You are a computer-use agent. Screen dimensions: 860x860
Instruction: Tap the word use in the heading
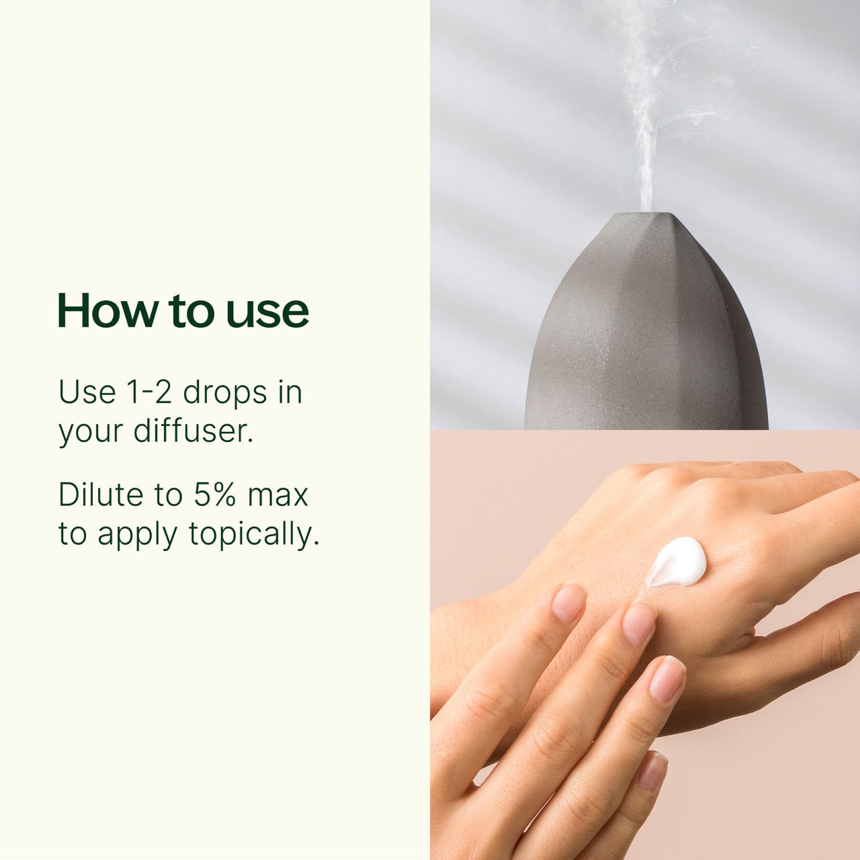(x=267, y=311)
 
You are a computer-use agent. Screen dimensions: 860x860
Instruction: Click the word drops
(x=225, y=392)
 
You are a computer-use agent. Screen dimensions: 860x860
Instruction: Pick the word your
(x=90, y=432)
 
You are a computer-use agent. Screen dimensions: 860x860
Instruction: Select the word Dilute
(x=101, y=494)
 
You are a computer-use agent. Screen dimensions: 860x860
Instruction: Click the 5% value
(x=215, y=494)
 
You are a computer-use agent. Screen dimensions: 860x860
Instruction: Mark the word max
(x=277, y=496)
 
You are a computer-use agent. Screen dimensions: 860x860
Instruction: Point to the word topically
(x=253, y=535)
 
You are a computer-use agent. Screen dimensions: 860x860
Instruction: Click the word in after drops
(x=290, y=392)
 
